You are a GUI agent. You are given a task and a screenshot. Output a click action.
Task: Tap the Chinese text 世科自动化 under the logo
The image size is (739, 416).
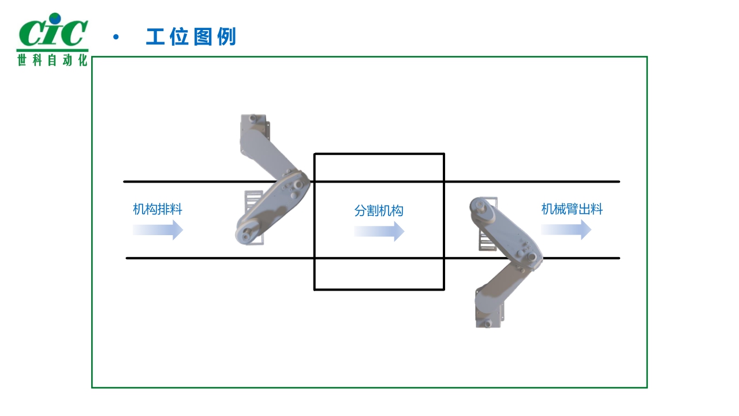(x=52, y=60)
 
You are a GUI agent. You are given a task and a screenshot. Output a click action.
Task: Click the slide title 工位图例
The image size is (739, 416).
(x=191, y=37)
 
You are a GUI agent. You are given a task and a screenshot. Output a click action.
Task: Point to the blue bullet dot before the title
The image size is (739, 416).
(x=116, y=38)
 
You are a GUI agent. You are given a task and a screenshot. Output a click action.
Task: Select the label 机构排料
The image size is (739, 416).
(x=158, y=209)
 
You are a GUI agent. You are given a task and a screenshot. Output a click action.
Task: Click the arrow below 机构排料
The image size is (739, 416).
(x=158, y=230)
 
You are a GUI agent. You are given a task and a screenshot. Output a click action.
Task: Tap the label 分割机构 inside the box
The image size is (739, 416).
(x=379, y=211)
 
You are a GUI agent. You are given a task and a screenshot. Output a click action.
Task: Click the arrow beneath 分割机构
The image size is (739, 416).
(x=379, y=232)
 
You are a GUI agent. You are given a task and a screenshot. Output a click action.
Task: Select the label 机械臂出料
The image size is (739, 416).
(x=572, y=209)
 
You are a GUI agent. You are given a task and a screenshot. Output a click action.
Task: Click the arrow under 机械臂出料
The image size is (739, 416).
(x=566, y=230)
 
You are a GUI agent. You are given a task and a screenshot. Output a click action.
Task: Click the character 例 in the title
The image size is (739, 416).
(x=226, y=37)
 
